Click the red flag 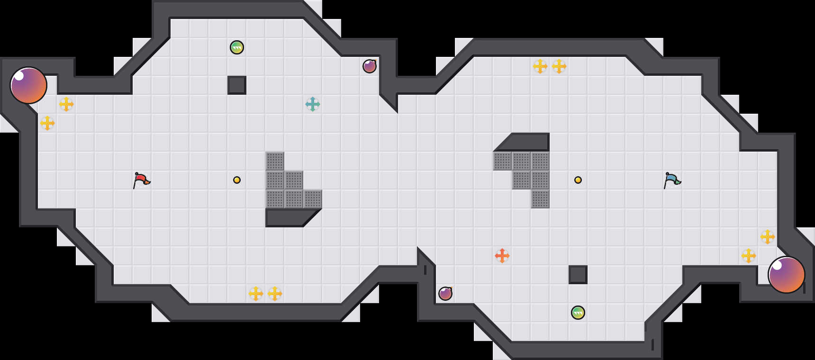click(x=141, y=180)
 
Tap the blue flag click(x=672, y=180)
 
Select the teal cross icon click(x=313, y=104)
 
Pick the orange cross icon click(x=502, y=256)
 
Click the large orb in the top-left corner click(x=28, y=85)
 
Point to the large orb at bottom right click(x=787, y=275)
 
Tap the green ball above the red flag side click(x=237, y=47)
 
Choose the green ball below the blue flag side click(x=578, y=313)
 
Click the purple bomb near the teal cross click(x=370, y=66)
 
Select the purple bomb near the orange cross click(x=445, y=294)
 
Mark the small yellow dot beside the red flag click(x=237, y=180)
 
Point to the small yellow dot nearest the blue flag click(x=578, y=180)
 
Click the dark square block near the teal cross click(x=237, y=85)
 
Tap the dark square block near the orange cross click(x=578, y=275)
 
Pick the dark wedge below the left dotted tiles click(x=289, y=217)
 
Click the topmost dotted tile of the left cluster click(x=275, y=161)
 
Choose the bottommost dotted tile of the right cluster click(x=540, y=199)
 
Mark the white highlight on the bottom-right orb click(x=778, y=265)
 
